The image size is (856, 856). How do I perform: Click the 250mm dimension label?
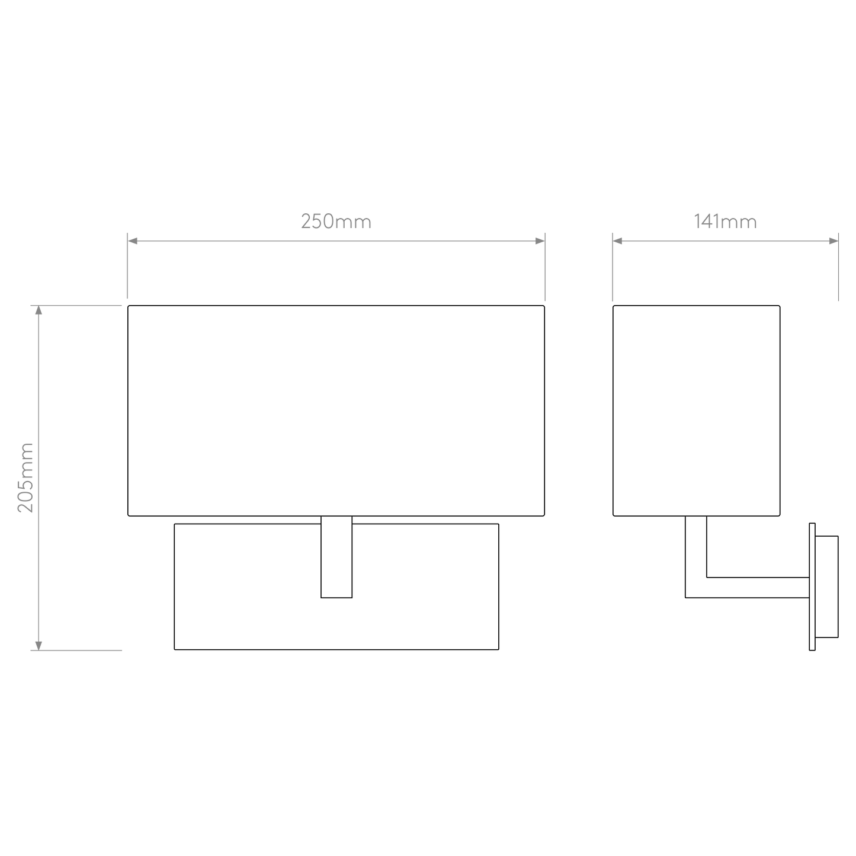pyautogui.click(x=336, y=222)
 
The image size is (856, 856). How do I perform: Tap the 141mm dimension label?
pyautogui.click(x=725, y=222)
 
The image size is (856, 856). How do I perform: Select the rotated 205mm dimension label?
pyautogui.click(x=27, y=477)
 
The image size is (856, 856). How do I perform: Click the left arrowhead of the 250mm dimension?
pyautogui.click(x=133, y=241)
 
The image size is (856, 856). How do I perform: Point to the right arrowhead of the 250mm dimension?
pyautogui.click(x=539, y=241)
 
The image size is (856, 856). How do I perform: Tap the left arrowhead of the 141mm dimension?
pyautogui.click(x=618, y=241)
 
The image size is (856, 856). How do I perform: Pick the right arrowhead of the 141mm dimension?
pyautogui.click(x=833, y=241)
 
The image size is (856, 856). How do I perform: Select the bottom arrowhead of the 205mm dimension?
pyautogui.click(x=39, y=645)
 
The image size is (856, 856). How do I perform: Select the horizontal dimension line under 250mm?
pyautogui.click(x=336, y=241)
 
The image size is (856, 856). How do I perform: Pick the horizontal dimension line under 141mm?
pyautogui.click(x=725, y=241)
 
